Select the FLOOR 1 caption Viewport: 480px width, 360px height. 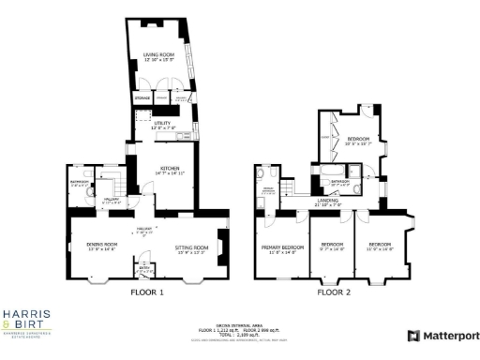click(146, 292)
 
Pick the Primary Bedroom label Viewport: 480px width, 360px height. click(278, 248)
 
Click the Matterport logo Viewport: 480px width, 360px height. click(442, 336)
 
